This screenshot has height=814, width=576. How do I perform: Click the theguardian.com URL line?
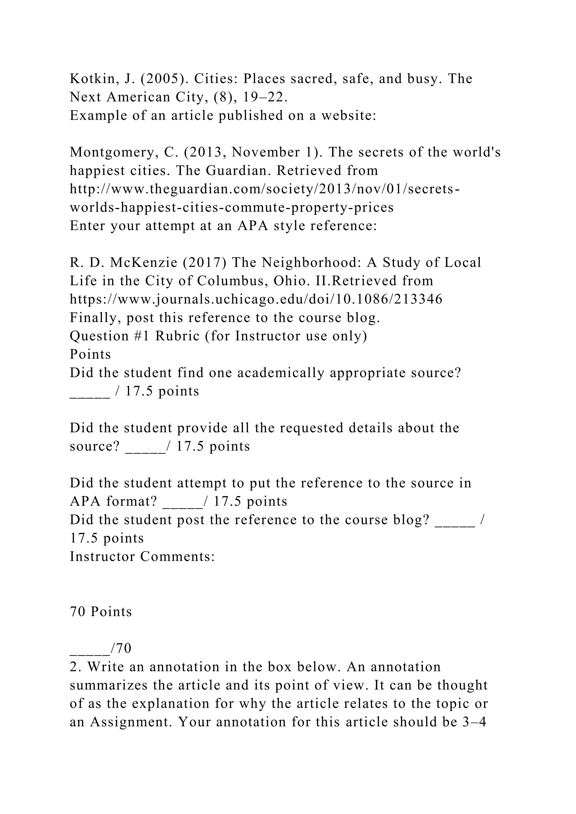click(x=265, y=189)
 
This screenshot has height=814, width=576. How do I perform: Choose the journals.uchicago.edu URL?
click(x=256, y=299)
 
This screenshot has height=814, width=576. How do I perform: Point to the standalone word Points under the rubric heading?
click(x=90, y=354)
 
